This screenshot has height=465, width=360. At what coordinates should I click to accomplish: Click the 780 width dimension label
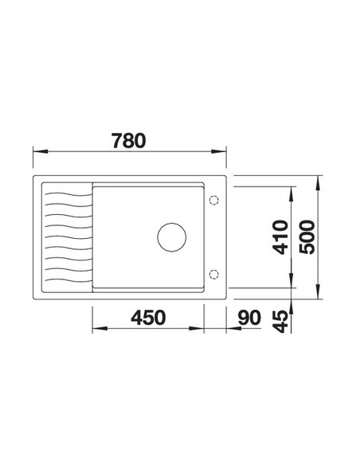pyautogui.click(x=129, y=141)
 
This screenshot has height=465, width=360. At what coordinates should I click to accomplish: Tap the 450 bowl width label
pyautogui.click(x=148, y=318)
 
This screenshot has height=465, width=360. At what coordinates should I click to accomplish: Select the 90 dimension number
pyautogui.click(x=249, y=318)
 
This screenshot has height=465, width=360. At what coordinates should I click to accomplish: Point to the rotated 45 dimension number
pyautogui.click(x=280, y=321)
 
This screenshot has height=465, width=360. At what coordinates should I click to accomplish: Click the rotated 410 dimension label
pyautogui.click(x=280, y=237)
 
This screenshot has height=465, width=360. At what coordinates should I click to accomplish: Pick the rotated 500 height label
pyautogui.click(x=307, y=237)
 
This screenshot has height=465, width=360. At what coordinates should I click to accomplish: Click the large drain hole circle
pyautogui.click(x=172, y=237)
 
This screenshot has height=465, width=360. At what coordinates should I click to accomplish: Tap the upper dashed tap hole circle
pyautogui.click(x=213, y=200)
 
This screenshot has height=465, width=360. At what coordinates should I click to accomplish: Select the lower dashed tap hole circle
pyautogui.click(x=213, y=274)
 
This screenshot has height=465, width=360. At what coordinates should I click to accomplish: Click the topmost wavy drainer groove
pyautogui.click(x=68, y=194)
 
